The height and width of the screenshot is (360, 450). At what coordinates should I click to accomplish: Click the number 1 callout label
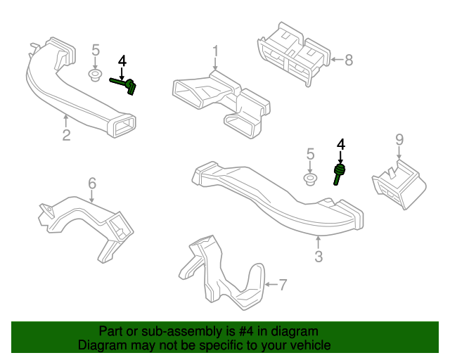(216, 51)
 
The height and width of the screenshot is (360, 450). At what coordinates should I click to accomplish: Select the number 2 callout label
(66, 134)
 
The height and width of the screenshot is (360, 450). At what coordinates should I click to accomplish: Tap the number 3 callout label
(319, 257)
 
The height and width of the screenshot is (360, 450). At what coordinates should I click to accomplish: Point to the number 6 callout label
(92, 184)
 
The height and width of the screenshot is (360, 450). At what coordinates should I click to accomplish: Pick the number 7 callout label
(283, 285)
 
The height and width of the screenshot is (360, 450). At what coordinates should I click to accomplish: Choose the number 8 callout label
(349, 60)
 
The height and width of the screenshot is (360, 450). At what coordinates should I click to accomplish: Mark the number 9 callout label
(399, 139)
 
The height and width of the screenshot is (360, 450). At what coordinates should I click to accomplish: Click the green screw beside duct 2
(127, 85)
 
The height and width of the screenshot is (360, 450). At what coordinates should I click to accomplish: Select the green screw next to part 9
(340, 173)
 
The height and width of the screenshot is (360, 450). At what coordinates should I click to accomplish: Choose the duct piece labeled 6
(88, 221)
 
